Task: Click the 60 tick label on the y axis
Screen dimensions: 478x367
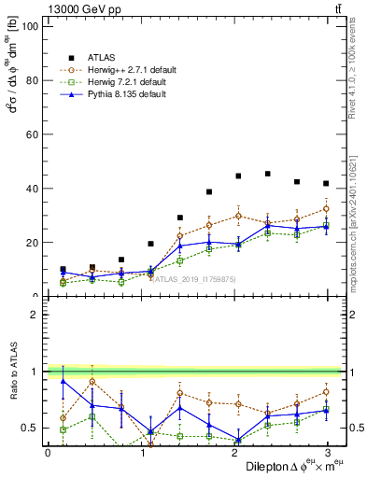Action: coord(30,134)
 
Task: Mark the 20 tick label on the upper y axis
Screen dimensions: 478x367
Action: coord(30,243)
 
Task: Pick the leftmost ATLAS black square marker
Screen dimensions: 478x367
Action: coord(63,269)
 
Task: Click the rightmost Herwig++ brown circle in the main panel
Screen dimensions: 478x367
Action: coord(325,208)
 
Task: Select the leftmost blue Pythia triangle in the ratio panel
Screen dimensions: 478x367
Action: coord(63,381)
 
